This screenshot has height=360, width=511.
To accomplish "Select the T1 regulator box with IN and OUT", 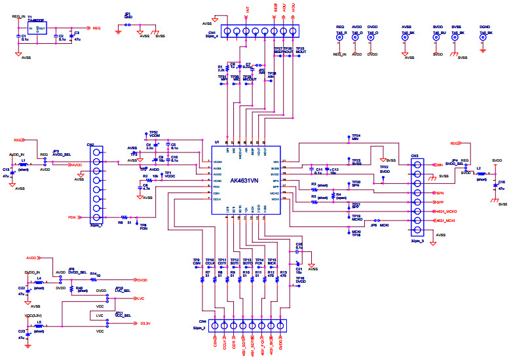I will coord(37,29).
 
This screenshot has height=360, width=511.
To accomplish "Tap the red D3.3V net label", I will coord(145,323).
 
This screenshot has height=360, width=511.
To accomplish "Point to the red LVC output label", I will coord(140,298).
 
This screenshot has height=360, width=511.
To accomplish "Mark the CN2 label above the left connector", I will coord(90,145).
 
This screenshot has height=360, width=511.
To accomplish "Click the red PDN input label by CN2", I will coord(72,217).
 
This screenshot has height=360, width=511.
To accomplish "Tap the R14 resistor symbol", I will coord(94,279).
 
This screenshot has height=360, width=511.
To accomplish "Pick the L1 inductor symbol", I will coord(24,165).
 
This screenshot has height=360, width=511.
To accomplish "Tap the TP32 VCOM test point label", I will coord(154,134).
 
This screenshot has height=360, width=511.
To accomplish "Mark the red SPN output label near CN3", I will coord(440,194).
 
